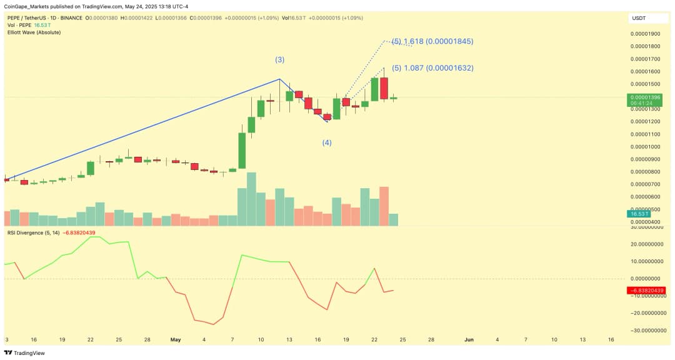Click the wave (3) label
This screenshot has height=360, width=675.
coord(279,60)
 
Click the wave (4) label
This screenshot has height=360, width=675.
coord(327,142)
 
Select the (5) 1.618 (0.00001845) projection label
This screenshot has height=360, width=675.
coord(432,41)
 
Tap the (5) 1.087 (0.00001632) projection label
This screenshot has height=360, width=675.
coord(432,68)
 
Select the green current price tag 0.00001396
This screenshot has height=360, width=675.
coord(646,100)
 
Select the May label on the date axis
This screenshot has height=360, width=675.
coord(175,339)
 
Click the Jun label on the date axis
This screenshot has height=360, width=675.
coord(469,339)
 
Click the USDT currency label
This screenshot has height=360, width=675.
coord(639,18)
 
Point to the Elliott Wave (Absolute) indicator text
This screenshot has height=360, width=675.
coord(34,32)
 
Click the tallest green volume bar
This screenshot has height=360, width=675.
coord(251,199)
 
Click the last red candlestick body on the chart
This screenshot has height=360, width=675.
coord(384,88)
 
